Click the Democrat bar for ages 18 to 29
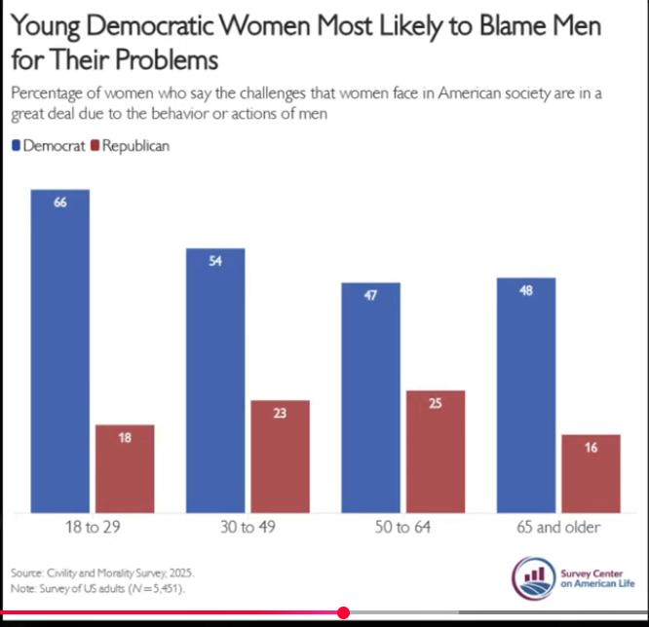60,351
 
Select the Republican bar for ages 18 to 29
125,468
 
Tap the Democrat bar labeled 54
215,381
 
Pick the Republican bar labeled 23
281,457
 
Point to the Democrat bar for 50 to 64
371,398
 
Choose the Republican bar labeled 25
436,452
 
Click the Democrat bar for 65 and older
526,395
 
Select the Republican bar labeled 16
592,473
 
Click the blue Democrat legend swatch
17,146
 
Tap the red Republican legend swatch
95,146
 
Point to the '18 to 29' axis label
93,527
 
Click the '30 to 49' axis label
248,527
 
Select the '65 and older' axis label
558,527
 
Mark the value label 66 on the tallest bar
60,203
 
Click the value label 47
370,295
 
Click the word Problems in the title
167,59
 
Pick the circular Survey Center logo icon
533,578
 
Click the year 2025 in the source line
181,572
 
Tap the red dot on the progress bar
343,612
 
